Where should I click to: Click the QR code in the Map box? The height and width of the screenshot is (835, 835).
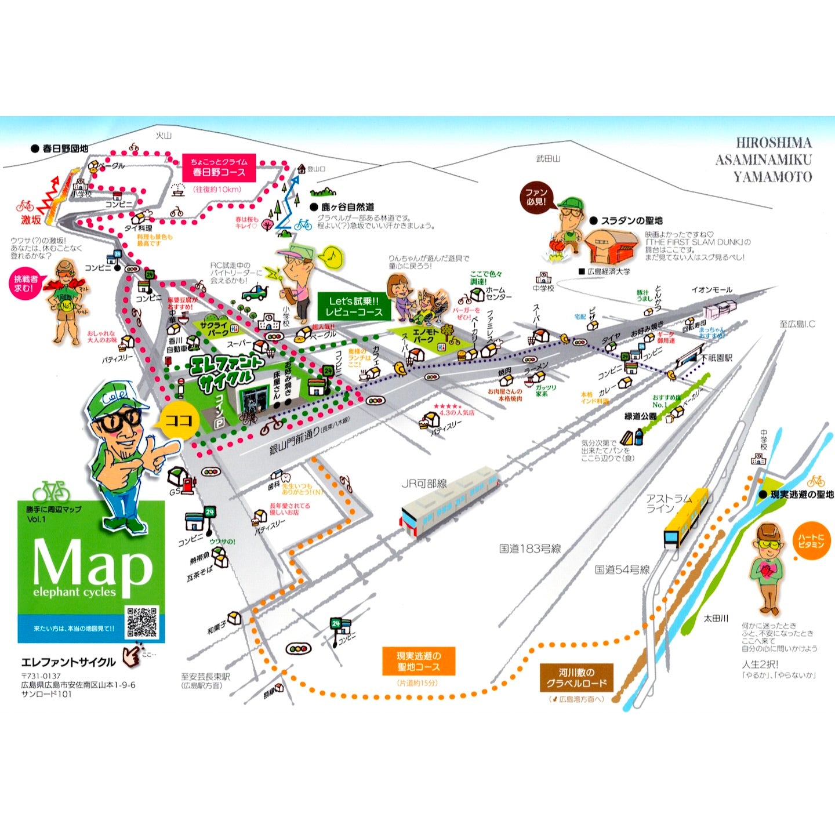[x=141, y=622]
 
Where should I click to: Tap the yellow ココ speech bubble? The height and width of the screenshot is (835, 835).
[x=177, y=420]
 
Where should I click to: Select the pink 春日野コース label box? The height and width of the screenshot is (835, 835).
[x=219, y=167]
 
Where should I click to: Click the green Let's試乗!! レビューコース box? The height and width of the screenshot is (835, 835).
[x=354, y=306]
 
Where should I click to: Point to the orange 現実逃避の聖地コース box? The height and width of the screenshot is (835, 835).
[x=418, y=661]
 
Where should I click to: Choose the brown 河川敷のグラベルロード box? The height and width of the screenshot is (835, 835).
[x=576, y=677]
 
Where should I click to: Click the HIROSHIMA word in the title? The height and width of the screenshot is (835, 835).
[x=774, y=143]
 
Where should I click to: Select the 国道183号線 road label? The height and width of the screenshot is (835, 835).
[x=530, y=548]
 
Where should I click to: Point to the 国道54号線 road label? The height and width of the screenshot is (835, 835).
[x=622, y=569]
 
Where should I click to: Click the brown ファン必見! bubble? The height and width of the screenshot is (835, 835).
[x=536, y=197]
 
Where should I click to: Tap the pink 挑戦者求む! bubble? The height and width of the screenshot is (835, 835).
[x=26, y=284]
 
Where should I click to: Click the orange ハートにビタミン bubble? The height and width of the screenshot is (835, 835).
[x=811, y=541]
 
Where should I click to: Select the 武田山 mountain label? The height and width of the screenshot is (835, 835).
[x=548, y=158]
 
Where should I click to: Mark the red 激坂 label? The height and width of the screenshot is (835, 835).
[x=31, y=220]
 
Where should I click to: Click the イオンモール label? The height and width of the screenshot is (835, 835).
[x=711, y=289]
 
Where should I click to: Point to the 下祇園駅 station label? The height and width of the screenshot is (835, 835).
[x=717, y=358]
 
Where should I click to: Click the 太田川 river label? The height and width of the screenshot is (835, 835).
[x=716, y=619]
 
